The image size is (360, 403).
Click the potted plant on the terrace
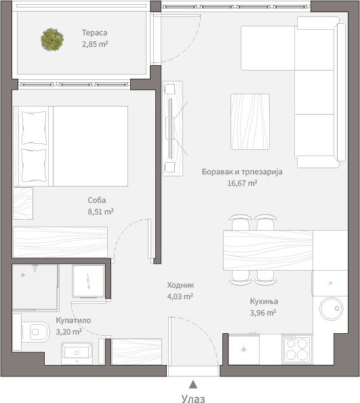52,39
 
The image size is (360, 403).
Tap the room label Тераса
94,33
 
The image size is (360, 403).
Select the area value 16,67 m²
242,183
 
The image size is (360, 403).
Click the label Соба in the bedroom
97,200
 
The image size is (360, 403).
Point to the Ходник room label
180,285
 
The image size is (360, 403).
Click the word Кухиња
264,301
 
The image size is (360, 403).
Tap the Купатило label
73,320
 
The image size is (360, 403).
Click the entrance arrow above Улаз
193,385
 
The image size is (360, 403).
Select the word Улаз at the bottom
193,398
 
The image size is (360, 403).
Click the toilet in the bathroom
35,332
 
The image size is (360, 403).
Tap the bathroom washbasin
77,353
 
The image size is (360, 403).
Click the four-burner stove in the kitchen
297,349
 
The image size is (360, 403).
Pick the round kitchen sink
332,309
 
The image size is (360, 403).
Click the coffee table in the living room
250,121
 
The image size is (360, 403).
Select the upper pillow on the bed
34,128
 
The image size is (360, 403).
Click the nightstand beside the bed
23,204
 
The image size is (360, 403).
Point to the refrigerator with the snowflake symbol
243,349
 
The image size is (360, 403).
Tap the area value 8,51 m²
100,212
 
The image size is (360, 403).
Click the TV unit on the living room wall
173,128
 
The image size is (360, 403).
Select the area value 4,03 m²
180,296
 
